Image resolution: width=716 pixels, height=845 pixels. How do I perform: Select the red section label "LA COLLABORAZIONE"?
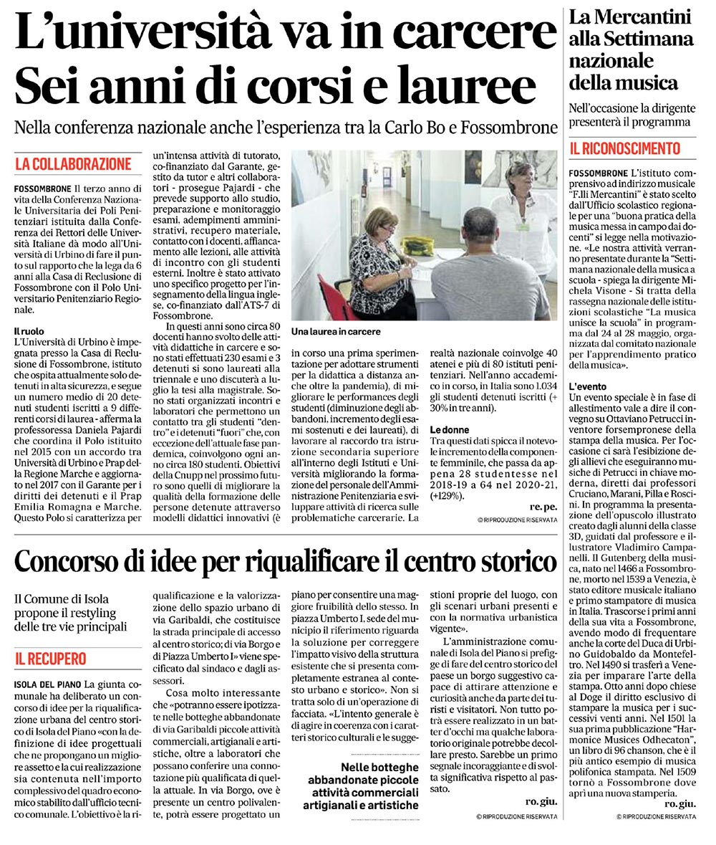coord(73,164)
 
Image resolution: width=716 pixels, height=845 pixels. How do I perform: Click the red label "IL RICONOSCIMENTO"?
coord(624,149)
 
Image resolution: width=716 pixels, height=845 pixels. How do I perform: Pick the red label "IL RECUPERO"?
coord(50,658)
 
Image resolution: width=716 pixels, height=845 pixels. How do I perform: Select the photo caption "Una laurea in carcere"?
coord(336,332)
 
